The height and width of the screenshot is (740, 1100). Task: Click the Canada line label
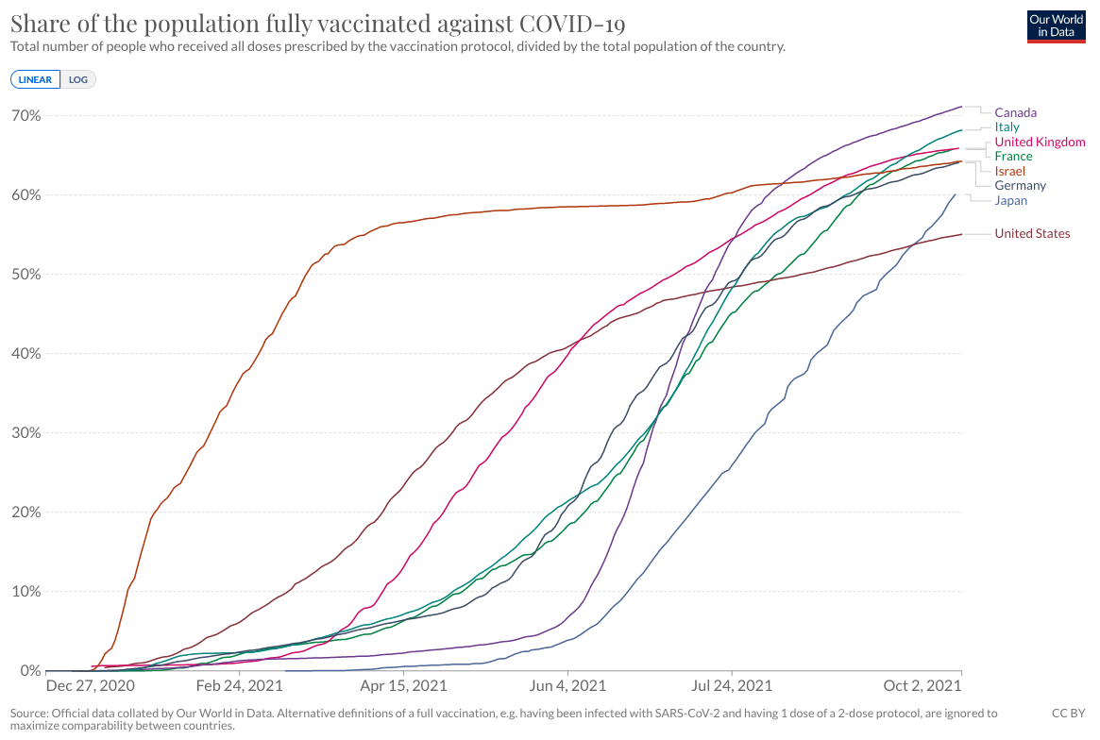(x=1015, y=112)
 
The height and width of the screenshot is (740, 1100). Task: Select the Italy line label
(x=1007, y=126)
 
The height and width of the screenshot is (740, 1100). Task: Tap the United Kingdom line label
(x=1040, y=142)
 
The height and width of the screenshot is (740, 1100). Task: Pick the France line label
(x=1013, y=156)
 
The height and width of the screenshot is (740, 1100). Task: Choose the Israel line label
(x=1009, y=171)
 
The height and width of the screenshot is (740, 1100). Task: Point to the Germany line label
(x=1020, y=186)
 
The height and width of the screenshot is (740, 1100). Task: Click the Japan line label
(x=1010, y=200)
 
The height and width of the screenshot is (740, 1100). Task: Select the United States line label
(x=1032, y=233)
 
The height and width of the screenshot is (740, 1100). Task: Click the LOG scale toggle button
(x=77, y=79)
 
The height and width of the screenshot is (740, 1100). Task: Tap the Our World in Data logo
(x=1056, y=26)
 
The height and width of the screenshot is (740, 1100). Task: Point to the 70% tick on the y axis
(x=25, y=115)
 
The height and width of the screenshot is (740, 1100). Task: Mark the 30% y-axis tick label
(x=25, y=433)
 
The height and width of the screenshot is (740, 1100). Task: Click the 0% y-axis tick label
(x=28, y=671)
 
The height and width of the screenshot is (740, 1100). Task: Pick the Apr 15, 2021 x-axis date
(x=403, y=685)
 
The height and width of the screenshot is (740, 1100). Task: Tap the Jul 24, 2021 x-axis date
(x=731, y=685)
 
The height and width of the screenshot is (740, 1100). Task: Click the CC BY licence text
(x=1068, y=714)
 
